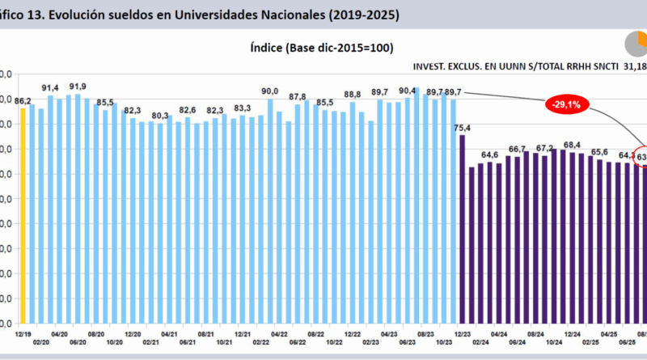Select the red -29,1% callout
tap(567, 104)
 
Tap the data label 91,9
tap(78, 87)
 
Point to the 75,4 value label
tap(463, 127)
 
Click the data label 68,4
tap(572, 144)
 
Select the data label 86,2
tap(23, 100)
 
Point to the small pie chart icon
tap(636, 44)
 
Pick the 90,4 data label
tap(408, 90)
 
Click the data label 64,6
tap(489, 155)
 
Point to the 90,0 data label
tap(270, 91)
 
